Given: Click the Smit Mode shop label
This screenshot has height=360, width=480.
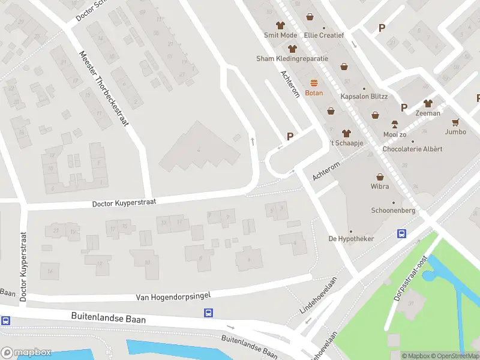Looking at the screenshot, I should coord(280,35).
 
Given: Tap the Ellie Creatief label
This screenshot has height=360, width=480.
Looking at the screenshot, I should coord(324,35).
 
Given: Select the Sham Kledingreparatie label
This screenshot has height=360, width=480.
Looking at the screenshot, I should coord(292,59).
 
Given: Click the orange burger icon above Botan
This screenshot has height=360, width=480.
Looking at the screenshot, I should coord(314,83).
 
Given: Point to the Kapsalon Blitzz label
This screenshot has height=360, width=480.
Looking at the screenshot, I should coord(364,97).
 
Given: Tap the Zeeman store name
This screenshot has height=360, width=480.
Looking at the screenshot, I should coord(427,113).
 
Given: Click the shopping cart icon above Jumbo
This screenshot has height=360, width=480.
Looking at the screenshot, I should coord(455,122).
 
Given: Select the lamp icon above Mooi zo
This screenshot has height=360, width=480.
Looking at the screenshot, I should coord(394,124).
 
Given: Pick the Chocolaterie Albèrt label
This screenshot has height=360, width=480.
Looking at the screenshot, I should coord(412,149).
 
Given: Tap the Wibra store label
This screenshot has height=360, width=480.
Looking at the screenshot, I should coord(380,187).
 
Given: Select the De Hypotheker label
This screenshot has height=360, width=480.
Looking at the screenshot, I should coord(350,239).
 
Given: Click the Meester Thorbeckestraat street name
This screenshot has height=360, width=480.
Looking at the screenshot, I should coord(104,87).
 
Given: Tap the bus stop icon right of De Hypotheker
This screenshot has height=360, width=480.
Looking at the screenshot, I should coord(401,235).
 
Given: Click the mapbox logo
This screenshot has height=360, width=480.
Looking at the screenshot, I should coord(26,353).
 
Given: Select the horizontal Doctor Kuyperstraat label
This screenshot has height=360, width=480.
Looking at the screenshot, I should coord(124,203).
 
